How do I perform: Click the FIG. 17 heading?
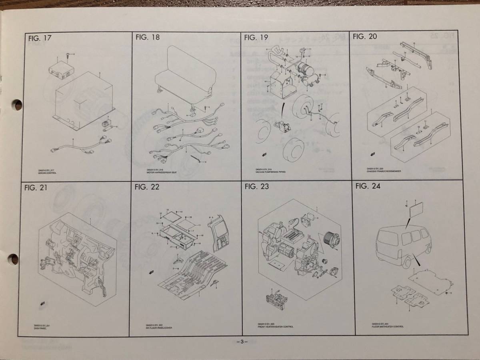point(40,39)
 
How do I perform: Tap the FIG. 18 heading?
point(148,38)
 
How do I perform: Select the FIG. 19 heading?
point(256,37)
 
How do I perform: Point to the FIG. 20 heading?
point(364,37)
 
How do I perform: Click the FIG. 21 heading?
point(36,188)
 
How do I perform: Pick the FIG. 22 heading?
point(147,187)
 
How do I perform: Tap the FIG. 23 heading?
point(257,186)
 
